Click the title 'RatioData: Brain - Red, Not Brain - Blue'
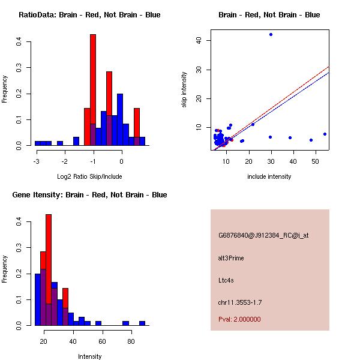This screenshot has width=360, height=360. (89, 15)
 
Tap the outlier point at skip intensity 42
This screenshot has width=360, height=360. (271, 35)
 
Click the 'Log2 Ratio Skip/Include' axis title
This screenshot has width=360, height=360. (89, 176)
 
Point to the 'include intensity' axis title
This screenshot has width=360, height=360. (269, 176)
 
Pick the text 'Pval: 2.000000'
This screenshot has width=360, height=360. (239, 319)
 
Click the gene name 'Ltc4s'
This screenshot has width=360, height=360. (227, 280)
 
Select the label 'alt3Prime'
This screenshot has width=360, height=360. (231, 259)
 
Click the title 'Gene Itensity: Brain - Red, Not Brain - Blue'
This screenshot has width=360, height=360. (89, 195)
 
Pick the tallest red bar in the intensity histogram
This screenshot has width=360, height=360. (49, 269)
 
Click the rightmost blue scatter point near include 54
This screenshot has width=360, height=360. (325, 134)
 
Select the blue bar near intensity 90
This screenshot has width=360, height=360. (142, 323)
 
